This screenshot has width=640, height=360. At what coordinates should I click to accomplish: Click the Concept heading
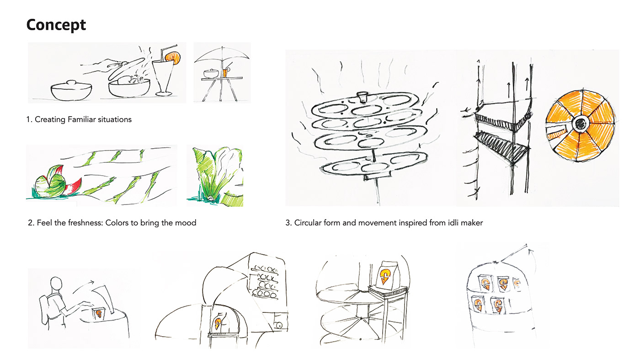pyautogui.click(x=56, y=25)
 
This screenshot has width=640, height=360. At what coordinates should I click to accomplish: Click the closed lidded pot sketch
pyautogui.click(x=71, y=90)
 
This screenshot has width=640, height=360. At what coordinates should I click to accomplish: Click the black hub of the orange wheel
pyautogui.click(x=580, y=124)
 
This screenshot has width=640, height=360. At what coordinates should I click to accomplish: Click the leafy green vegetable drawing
pyautogui.click(x=218, y=175)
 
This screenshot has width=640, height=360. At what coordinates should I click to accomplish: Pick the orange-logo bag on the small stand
pyautogui.click(x=384, y=275)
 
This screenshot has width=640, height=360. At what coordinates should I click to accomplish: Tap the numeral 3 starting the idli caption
pyautogui.click(x=288, y=223)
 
